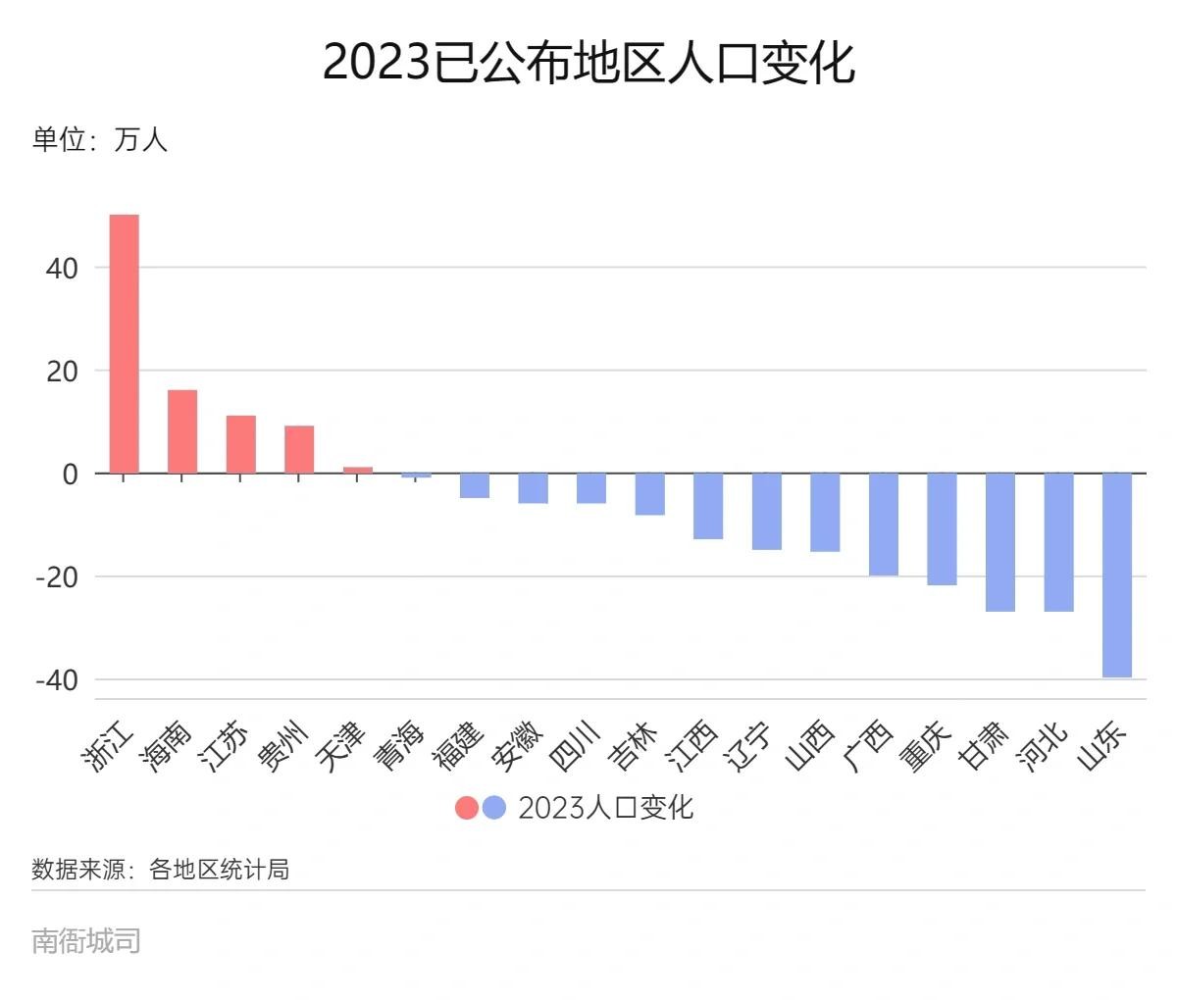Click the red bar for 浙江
pyautogui.click(x=124, y=343)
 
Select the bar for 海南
pyautogui.click(x=182, y=431)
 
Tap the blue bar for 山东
pyautogui.click(x=1117, y=575)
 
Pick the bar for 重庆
pyautogui.click(x=942, y=528)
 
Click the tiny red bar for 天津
pyautogui.click(x=358, y=470)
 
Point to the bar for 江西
pyautogui.click(x=708, y=506)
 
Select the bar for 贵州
pyautogui.click(x=299, y=449)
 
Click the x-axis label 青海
pyautogui.click(x=400, y=746)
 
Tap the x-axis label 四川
pyautogui.click(x=576, y=746)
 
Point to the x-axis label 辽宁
pyautogui.click(x=751, y=746)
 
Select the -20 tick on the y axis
pyautogui.click(x=56, y=576)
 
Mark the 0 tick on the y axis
pyautogui.click(x=70, y=474)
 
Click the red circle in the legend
pyautogui.click(x=467, y=807)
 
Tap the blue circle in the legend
pyautogui.click(x=494, y=807)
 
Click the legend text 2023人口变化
pyautogui.click(x=605, y=807)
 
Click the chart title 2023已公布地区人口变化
pyautogui.click(x=588, y=63)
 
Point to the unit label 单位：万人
pyautogui.click(x=100, y=139)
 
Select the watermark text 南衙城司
pyautogui.click(x=86, y=941)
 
